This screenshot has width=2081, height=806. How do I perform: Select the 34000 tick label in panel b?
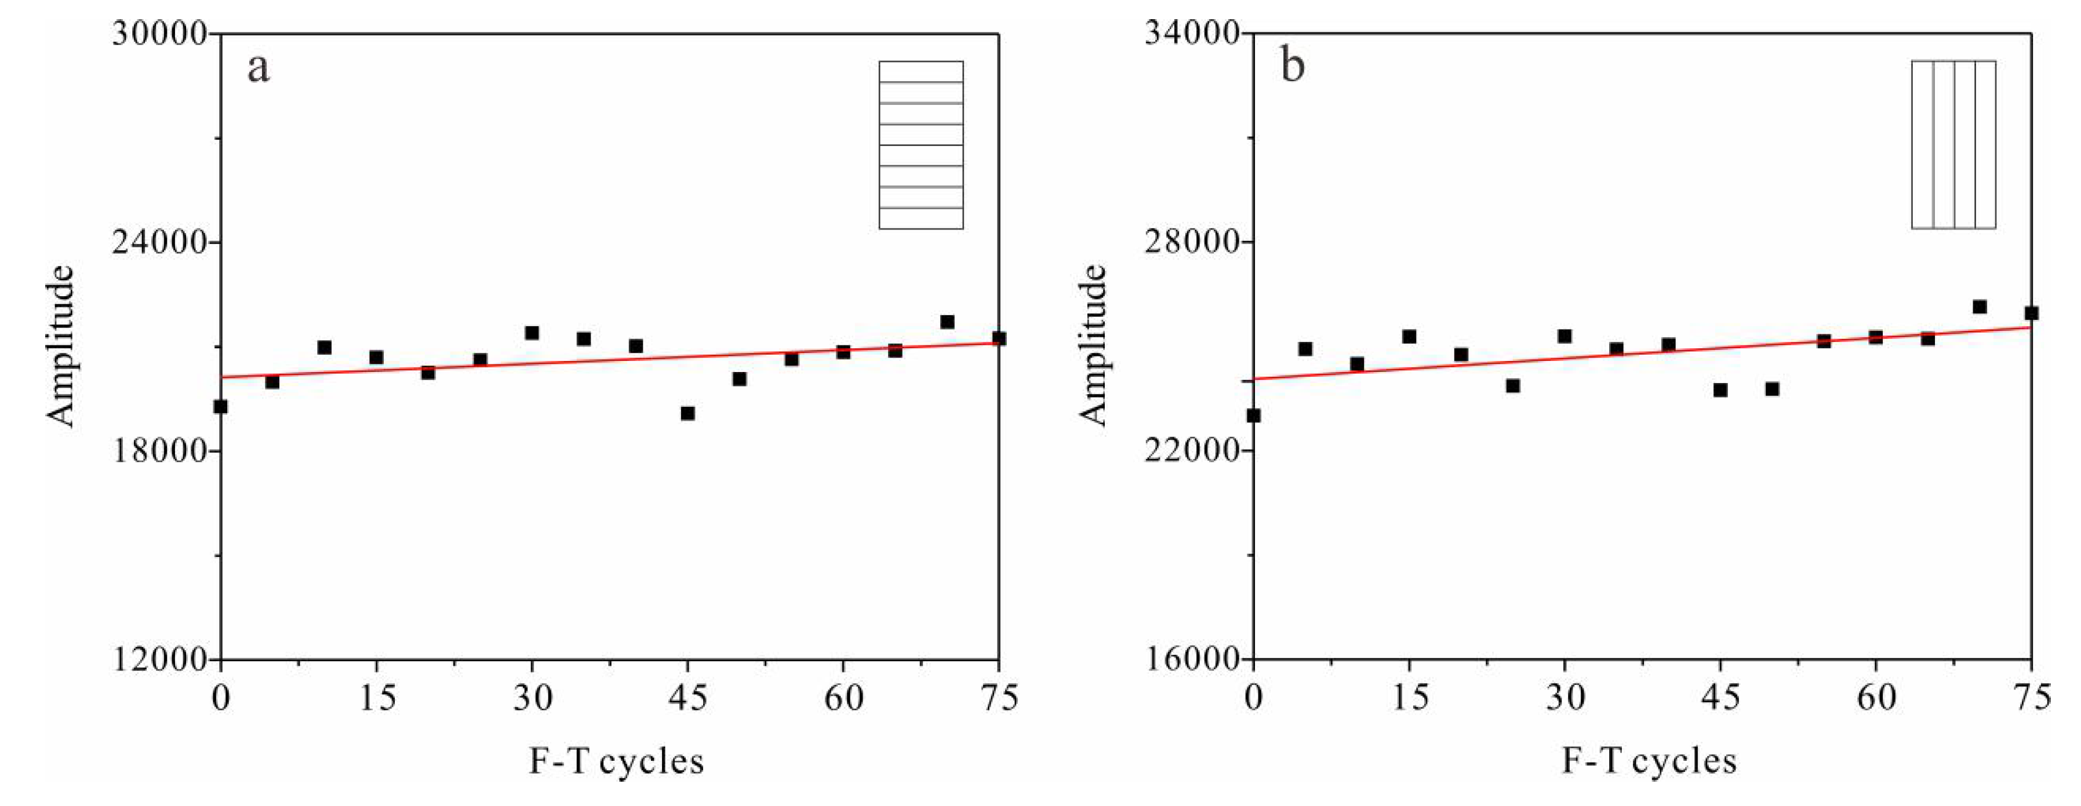[1192, 35]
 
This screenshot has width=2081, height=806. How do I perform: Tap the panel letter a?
[258, 68]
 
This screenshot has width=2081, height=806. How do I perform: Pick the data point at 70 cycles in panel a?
[948, 322]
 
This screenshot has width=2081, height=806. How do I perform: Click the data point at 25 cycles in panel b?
[1513, 386]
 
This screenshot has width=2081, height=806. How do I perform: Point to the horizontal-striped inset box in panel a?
[921, 145]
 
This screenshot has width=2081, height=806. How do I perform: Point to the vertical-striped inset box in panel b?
[1953, 145]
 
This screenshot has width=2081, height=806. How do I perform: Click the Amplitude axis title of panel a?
[61, 346]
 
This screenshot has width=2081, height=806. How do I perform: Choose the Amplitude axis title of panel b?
[1094, 346]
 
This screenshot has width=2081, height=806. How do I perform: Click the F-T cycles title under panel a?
[616, 761]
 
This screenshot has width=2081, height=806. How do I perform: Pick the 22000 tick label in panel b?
[1192, 451]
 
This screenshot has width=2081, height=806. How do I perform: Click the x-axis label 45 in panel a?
[687, 697]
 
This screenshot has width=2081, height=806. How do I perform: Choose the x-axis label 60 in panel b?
[1876, 697]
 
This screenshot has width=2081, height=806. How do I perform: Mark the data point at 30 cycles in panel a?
[532, 333]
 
